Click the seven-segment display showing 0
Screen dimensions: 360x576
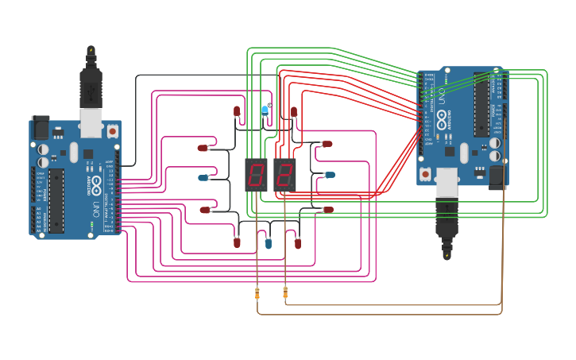257,175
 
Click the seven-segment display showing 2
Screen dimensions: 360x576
284,175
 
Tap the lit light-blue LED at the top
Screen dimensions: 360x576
265,110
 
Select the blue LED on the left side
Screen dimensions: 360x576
203,177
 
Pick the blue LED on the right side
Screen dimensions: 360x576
329,175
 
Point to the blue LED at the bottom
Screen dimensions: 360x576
268,243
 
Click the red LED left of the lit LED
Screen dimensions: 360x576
237,111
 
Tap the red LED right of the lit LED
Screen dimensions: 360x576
293,112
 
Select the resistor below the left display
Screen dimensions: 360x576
257,295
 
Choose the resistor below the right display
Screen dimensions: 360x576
285,295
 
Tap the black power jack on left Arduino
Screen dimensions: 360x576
40,127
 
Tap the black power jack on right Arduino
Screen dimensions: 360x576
498,177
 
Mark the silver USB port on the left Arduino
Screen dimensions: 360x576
91,120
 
